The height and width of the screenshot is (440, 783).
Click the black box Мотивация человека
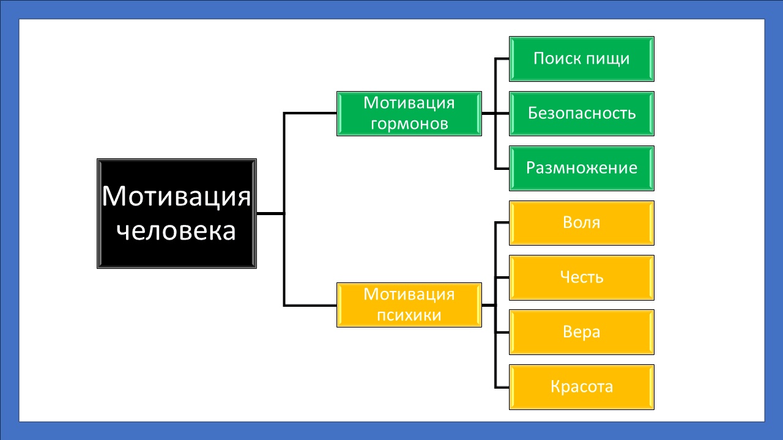176,213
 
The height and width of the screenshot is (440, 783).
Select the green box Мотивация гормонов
409,113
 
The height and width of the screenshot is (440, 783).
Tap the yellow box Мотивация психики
409,304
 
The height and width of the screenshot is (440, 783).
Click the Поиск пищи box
581,59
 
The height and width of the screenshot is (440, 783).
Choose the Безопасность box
581,113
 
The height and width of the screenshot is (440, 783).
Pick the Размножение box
581,168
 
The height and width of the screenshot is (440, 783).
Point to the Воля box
581,222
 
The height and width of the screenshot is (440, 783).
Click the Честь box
581,277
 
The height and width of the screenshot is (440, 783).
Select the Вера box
581,332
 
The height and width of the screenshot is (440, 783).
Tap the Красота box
581,387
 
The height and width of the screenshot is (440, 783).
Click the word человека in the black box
176,231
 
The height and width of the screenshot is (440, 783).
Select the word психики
409,315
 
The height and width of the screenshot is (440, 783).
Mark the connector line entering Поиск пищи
502,59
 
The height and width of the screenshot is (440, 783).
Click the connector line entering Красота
502,387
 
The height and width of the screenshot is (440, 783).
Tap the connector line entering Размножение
502,168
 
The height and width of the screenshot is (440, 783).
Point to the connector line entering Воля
502,222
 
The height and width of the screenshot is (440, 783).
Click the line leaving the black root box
270,213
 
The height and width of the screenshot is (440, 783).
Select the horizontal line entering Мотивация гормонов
311,113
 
